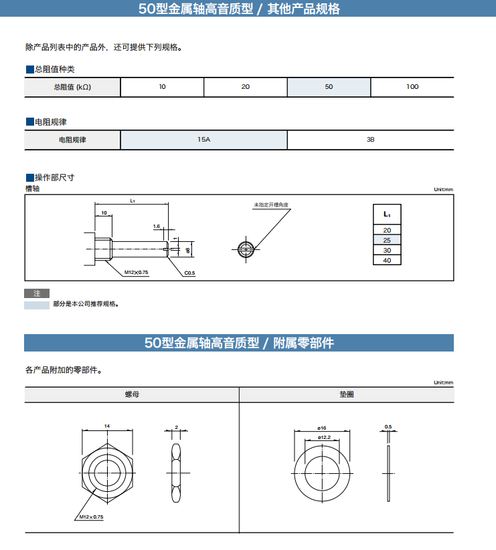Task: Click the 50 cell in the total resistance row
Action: [329, 88]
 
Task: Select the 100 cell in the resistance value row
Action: [412, 88]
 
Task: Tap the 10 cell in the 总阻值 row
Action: [162, 88]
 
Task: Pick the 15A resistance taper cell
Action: [203, 140]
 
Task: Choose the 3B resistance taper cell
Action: [370, 140]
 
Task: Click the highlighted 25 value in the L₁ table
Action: [387, 240]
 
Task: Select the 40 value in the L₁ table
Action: [387, 260]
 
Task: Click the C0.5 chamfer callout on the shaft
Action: [189, 273]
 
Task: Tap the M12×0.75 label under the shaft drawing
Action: [137, 273]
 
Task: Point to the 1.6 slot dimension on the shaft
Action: [157, 227]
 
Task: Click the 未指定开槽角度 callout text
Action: [274, 204]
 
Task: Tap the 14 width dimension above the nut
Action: [107, 426]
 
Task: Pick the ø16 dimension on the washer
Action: [321, 428]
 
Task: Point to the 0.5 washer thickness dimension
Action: [388, 426]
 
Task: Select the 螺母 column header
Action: [132, 395]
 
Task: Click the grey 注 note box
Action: [37, 293]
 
